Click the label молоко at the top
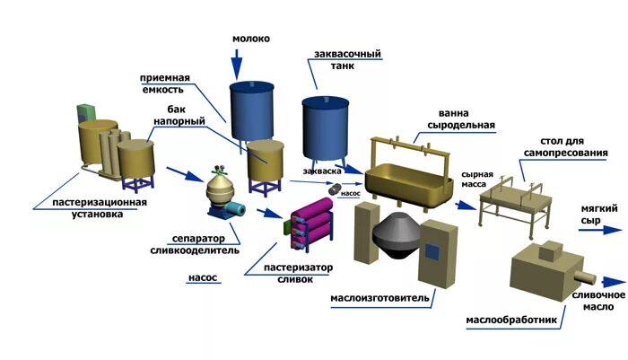250,39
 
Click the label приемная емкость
163,83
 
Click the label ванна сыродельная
467,119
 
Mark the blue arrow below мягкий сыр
592,230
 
